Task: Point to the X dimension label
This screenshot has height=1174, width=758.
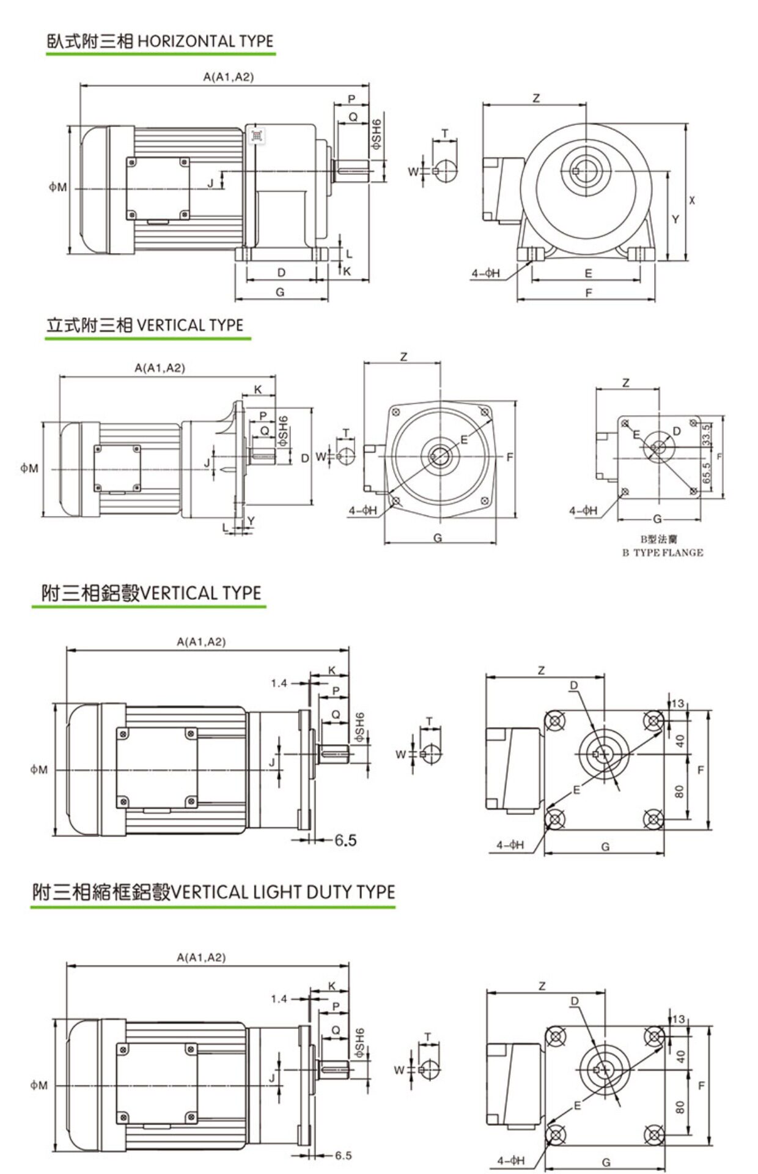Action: pos(692,200)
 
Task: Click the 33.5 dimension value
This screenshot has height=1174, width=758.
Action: pos(707,435)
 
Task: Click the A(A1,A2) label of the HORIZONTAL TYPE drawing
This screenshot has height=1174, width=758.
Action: pos(228,76)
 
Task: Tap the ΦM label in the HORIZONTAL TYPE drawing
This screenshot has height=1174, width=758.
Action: pos(57,187)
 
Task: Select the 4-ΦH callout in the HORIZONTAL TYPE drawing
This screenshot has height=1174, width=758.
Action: pos(485,273)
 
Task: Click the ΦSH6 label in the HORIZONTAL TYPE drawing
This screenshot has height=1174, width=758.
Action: pos(377,135)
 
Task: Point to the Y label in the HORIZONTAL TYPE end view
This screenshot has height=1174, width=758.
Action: pos(675,219)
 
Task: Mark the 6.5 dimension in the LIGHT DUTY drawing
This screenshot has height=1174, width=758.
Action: pos(343,1155)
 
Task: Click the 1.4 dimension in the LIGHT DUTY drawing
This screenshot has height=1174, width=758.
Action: pos(279,999)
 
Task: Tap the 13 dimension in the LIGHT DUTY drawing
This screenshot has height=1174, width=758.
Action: pos(678,1019)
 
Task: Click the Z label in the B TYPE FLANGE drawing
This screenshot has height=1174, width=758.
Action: pos(625,383)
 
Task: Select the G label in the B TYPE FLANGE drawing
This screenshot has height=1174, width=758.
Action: pos(657,519)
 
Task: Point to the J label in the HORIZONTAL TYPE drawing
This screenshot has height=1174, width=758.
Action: pos(210,182)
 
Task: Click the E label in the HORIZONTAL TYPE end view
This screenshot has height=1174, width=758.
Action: pos(588,273)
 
